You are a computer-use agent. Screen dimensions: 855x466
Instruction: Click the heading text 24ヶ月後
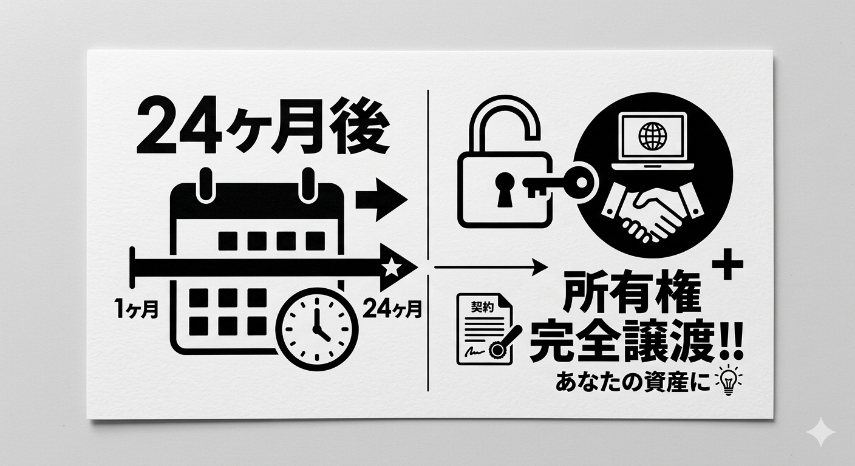coord(264,125)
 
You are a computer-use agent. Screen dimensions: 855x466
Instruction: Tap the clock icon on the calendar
coord(317,329)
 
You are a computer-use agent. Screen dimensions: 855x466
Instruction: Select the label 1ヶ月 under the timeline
coord(136,309)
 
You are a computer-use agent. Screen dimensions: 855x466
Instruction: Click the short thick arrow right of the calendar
coord(381,199)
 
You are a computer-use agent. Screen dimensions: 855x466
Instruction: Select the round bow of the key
coord(581,182)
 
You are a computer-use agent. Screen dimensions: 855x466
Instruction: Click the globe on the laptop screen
coord(652,136)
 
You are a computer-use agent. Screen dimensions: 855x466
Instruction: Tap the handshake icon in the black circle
coord(653,214)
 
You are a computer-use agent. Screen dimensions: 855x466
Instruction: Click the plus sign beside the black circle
coord(727,265)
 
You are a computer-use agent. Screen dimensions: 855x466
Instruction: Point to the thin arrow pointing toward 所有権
coord(491,267)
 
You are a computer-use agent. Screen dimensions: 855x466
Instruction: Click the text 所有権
coord(632,295)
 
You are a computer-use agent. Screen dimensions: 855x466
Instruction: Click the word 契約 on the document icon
coord(482,308)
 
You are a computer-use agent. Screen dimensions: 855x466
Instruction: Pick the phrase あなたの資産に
coord(633,383)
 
